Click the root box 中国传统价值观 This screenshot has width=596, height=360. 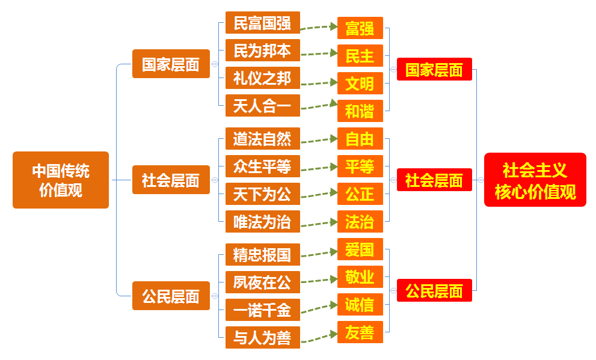61,180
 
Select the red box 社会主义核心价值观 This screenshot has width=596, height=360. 535,180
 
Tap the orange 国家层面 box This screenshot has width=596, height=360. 171,64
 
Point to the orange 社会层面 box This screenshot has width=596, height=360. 171,180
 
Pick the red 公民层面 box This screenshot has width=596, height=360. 434,291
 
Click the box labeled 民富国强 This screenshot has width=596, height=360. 262,23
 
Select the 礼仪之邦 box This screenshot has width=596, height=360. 262,78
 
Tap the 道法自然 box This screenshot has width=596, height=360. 262,139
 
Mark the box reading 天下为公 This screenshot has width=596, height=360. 262,194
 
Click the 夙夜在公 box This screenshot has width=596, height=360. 262,282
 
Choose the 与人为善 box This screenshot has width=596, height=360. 262,337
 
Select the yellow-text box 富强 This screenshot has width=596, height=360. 360,28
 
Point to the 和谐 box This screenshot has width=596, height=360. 360,111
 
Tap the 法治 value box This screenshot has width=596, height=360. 360,222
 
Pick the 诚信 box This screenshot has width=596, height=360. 360,305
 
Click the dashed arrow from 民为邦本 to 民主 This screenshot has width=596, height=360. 319,53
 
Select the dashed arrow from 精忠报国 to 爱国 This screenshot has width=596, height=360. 319,252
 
